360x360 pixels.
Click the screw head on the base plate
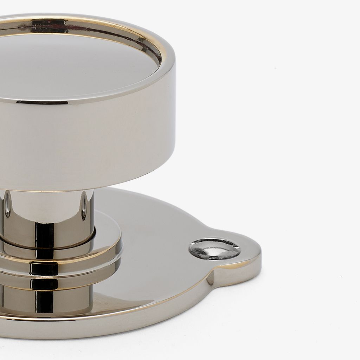[x=214, y=249]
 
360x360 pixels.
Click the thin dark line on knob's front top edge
[x=42, y=102]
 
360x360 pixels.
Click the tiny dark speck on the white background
[x=341, y=276]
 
